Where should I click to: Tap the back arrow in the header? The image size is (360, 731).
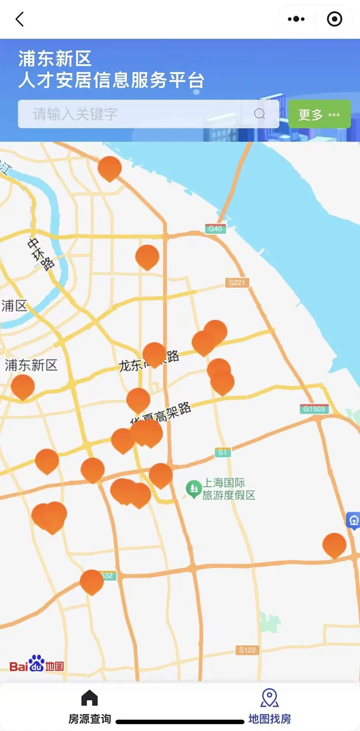[20, 19]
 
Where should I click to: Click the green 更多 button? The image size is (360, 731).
[319, 114]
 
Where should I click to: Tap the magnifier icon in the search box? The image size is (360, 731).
[259, 114]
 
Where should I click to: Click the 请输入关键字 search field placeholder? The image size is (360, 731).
[75, 114]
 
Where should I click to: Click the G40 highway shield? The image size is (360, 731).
[215, 229]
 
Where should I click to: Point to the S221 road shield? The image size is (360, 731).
[237, 283]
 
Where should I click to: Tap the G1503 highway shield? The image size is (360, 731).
[314, 409]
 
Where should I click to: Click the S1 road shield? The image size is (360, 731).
[223, 452]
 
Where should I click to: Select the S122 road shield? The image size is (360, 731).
[247, 650]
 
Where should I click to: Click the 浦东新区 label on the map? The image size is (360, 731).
[31, 365]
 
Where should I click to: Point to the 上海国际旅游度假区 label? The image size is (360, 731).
[229, 489]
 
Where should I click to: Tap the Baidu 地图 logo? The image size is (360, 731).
[37, 664]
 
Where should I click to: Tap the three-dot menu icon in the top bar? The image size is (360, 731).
[296, 19]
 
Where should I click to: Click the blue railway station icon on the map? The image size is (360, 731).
[354, 520]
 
